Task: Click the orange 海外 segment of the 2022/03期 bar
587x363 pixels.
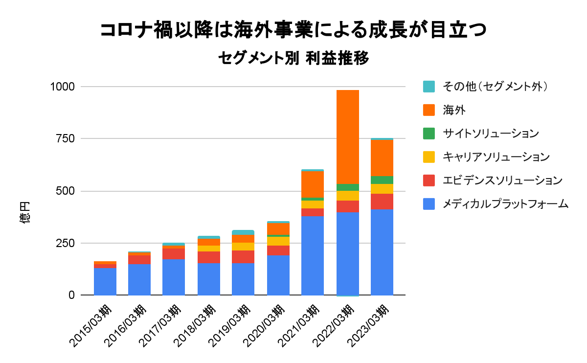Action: pyautogui.click(x=347, y=137)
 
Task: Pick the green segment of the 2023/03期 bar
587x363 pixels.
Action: pyautogui.click(x=382, y=180)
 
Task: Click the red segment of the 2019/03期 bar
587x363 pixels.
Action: pyautogui.click(x=243, y=257)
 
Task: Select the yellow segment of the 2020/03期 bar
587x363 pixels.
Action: pyautogui.click(x=278, y=241)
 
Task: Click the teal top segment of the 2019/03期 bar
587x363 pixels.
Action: pyautogui.click(x=243, y=232)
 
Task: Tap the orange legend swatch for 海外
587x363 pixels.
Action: pyautogui.click(x=429, y=110)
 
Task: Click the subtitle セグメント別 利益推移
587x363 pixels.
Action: pyautogui.click(x=293, y=59)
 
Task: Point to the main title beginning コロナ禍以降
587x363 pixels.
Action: pyautogui.click(x=293, y=30)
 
